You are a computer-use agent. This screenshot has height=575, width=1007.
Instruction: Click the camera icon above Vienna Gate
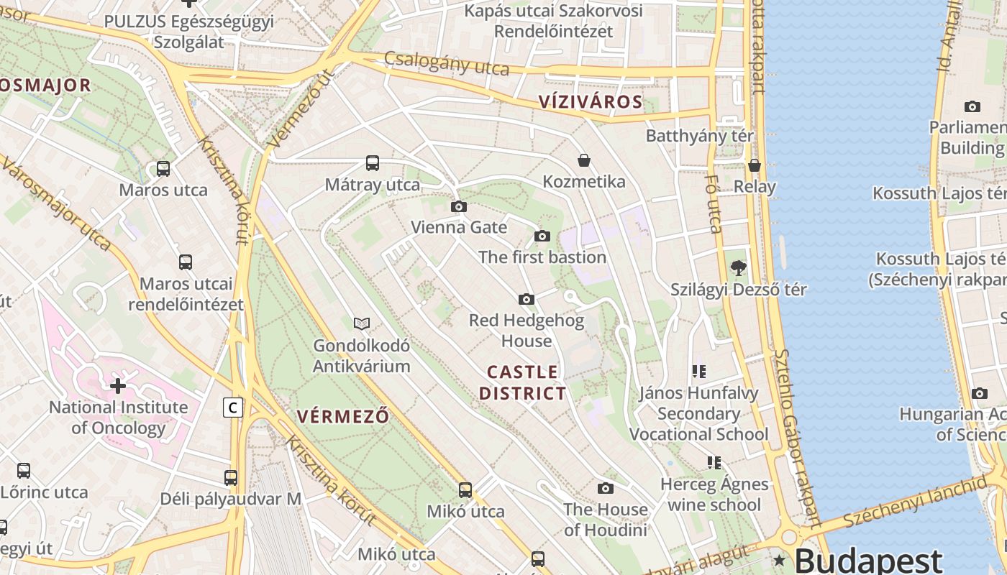point(458,207)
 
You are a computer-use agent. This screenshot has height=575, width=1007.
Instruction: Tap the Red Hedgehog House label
point(527,330)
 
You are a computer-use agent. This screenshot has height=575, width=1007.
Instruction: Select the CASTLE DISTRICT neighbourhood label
point(523,382)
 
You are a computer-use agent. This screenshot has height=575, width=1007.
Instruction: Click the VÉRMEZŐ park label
point(343,416)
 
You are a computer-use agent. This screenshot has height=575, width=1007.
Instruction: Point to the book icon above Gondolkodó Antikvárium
point(362,324)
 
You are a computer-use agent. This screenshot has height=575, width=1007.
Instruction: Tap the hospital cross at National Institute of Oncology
point(118,386)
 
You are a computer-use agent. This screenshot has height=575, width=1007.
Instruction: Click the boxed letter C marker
point(232,408)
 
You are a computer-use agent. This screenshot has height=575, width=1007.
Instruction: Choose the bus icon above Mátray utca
point(372,163)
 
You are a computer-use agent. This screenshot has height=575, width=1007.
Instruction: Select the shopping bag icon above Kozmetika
point(584,160)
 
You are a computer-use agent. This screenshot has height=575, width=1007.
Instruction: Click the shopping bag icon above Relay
point(755,165)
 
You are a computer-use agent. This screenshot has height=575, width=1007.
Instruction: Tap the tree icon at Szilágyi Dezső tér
point(738,268)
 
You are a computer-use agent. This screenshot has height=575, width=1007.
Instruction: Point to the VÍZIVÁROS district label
point(591,101)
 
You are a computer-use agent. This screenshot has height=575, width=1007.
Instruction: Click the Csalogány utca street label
point(447,63)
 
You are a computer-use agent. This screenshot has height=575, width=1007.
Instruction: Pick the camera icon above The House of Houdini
point(606,489)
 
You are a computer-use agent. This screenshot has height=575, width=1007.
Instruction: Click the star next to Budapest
point(779,560)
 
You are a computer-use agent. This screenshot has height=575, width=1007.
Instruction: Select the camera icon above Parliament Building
point(972,107)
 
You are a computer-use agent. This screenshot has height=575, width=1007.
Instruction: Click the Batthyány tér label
point(700,136)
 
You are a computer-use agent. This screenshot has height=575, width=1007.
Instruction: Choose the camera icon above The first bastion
point(542,236)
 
